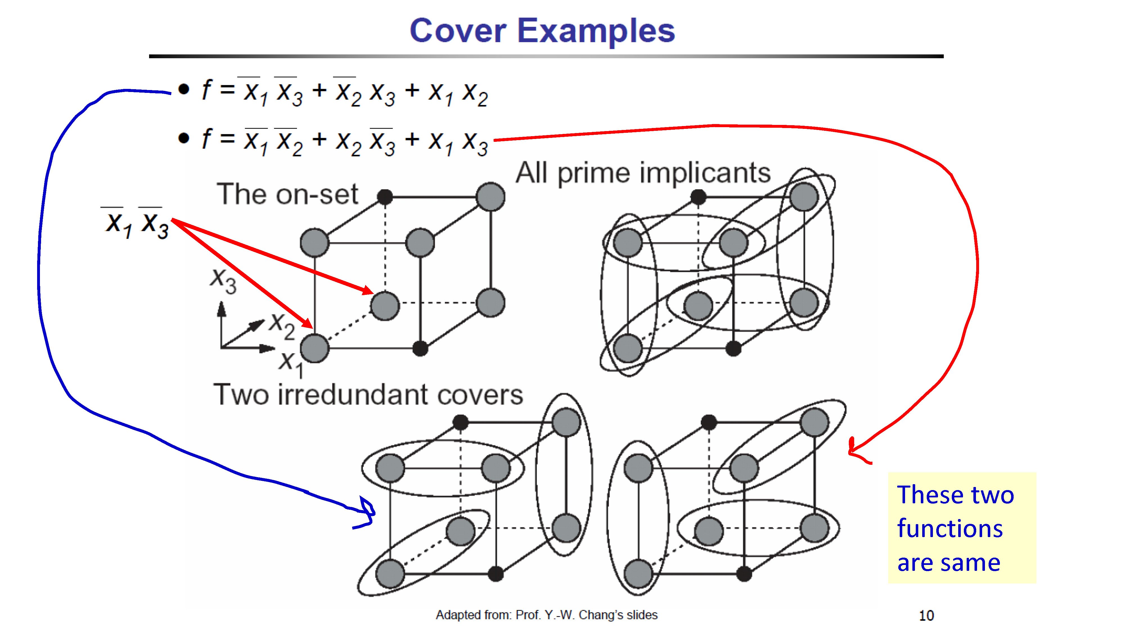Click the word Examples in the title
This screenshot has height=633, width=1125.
point(596,32)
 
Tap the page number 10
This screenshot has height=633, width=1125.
point(926,616)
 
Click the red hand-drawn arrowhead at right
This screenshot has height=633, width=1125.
point(856,450)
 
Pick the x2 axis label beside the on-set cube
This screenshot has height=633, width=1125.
point(282,326)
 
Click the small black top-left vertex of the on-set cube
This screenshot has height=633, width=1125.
point(385,197)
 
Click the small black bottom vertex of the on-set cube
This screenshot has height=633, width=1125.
point(420,349)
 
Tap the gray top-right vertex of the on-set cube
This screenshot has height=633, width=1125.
point(490,197)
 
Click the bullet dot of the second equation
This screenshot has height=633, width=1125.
point(184,138)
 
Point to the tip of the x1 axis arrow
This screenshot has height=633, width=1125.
point(275,348)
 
